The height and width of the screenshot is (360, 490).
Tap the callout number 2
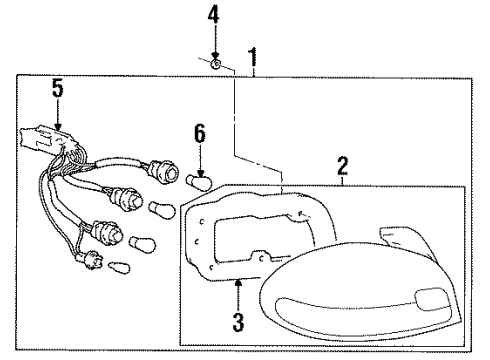[x=343, y=164]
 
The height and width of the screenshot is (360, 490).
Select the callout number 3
[x=237, y=322]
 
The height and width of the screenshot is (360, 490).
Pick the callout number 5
[x=57, y=88]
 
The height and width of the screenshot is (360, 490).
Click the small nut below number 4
[x=216, y=65]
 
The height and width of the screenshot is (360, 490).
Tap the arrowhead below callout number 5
[x=57, y=125]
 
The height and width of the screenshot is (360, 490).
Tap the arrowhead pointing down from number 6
[x=200, y=168]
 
